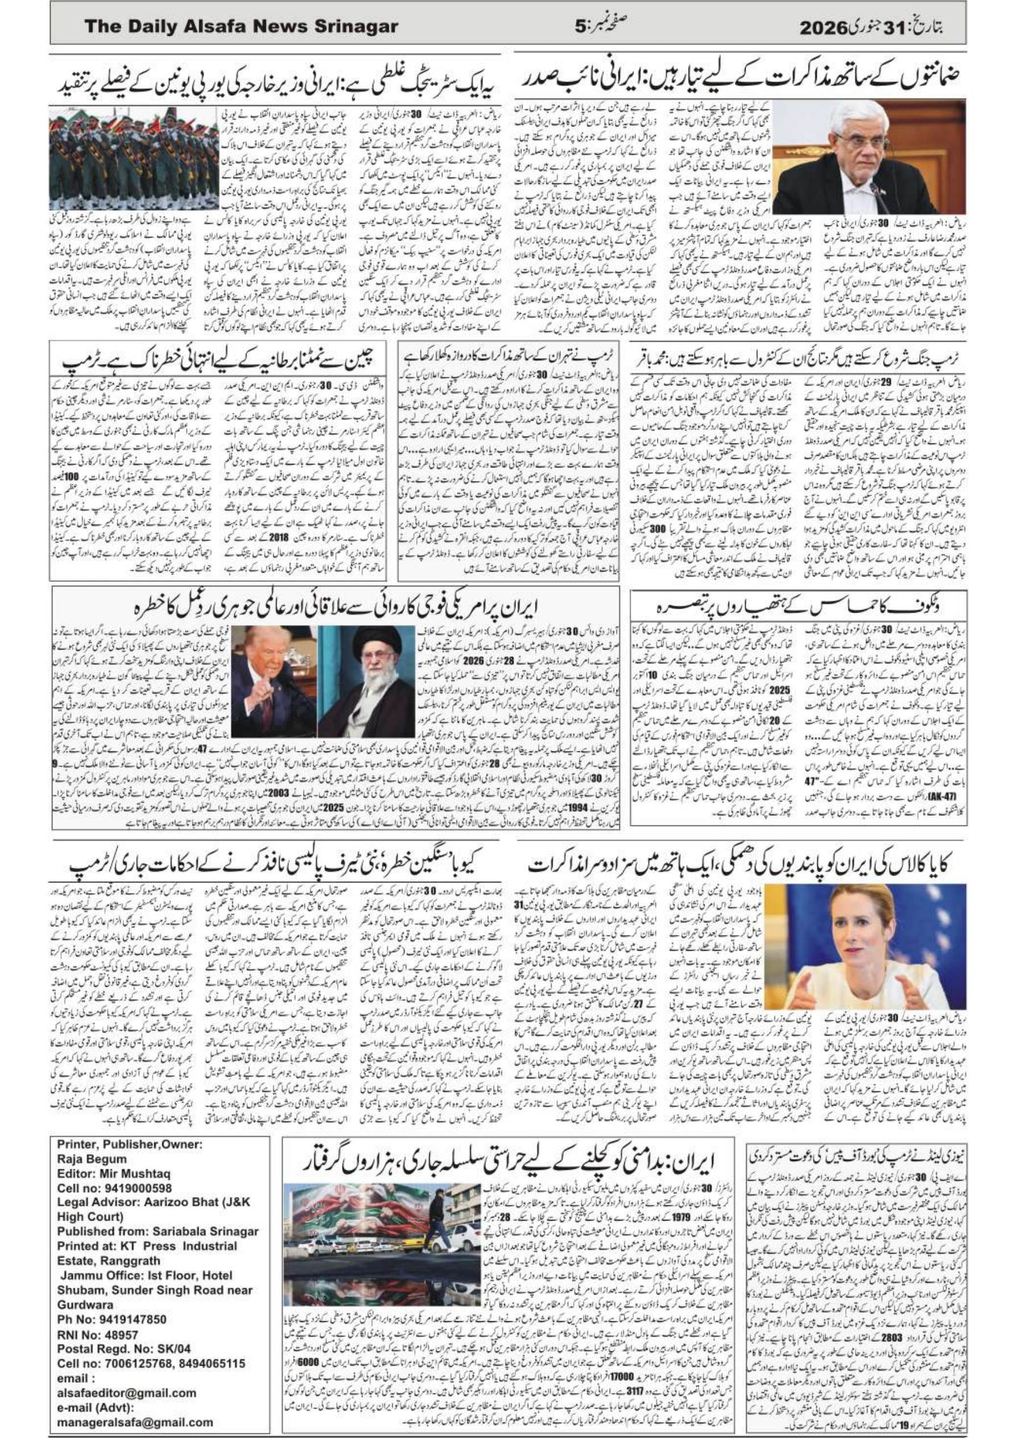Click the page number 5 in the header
(x=582, y=27)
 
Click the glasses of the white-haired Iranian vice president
(x=860, y=142)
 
